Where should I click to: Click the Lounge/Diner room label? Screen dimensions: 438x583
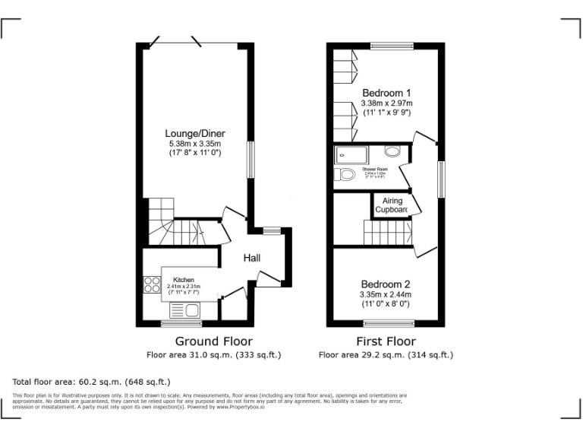[x=196, y=133]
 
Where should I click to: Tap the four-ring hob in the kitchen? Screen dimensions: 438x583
[x=152, y=284]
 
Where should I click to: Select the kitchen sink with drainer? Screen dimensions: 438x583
[x=184, y=309]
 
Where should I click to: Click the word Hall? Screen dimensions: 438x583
[x=252, y=259]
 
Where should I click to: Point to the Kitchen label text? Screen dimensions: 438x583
[x=184, y=280]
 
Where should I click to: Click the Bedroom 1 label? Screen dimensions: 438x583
[x=386, y=93]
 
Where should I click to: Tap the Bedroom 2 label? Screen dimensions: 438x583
[x=386, y=283]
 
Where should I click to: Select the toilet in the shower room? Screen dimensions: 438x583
[x=345, y=175]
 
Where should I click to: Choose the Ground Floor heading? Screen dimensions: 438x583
[x=214, y=341]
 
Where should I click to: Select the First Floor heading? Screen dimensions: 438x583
[x=386, y=341]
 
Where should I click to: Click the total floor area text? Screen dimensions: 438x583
[x=92, y=381]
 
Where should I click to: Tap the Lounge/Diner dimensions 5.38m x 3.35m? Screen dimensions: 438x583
[x=195, y=144]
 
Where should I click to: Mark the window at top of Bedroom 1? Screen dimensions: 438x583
[x=392, y=46]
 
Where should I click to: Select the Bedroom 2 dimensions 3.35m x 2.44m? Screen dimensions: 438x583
[x=386, y=294]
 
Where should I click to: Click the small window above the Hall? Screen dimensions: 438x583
[x=271, y=230]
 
